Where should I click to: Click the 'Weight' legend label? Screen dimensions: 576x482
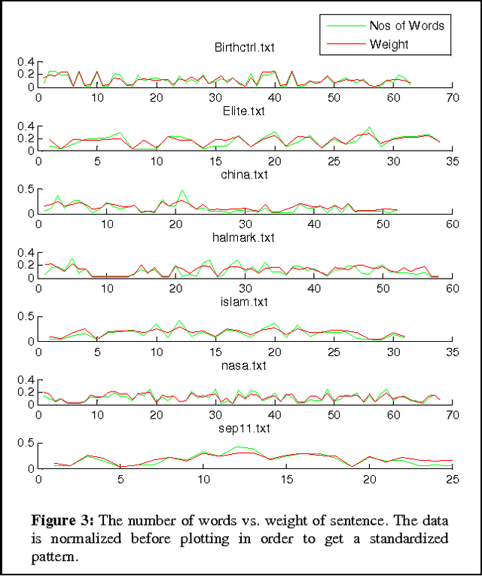pos(389,44)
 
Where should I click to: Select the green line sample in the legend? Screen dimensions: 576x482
pos(345,26)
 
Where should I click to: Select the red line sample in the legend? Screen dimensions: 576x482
pos(345,44)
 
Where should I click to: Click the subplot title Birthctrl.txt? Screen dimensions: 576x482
pos(245,47)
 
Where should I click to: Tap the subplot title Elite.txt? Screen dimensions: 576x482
pos(245,111)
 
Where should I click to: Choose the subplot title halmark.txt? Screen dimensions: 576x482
pos(245,238)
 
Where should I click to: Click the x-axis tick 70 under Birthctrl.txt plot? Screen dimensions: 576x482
pos(452,98)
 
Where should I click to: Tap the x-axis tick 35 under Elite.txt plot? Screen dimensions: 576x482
pos(452,161)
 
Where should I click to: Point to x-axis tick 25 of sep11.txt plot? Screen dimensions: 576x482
pos(452,479)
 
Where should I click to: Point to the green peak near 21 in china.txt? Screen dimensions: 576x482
pos(181,190)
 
